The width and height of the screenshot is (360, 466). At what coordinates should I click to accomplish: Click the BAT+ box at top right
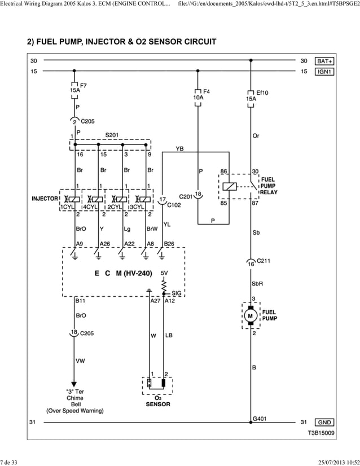(x=324, y=60)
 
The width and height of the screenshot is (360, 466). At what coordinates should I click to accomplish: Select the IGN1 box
(x=324, y=72)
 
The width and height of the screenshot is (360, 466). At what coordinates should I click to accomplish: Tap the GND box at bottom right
(x=324, y=421)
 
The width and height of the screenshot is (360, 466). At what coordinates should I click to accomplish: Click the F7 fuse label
(x=84, y=86)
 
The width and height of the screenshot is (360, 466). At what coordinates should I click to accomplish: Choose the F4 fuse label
(x=207, y=91)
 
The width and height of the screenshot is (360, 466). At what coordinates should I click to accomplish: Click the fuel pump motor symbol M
(x=250, y=316)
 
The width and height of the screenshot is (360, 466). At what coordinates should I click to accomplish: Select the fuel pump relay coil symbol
(x=230, y=187)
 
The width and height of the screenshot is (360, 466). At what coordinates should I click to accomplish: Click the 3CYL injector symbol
(x=144, y=199)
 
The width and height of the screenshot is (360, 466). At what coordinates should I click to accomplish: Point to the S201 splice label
(x=113, y=135)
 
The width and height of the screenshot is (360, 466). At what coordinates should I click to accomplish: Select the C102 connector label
(x=174, y=205)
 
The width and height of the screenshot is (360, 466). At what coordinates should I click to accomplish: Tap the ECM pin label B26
(x=169, y=244)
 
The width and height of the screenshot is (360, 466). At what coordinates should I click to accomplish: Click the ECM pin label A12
(x=170, y=301)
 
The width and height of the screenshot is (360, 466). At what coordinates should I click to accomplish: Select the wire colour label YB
(x=179, y=149)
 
